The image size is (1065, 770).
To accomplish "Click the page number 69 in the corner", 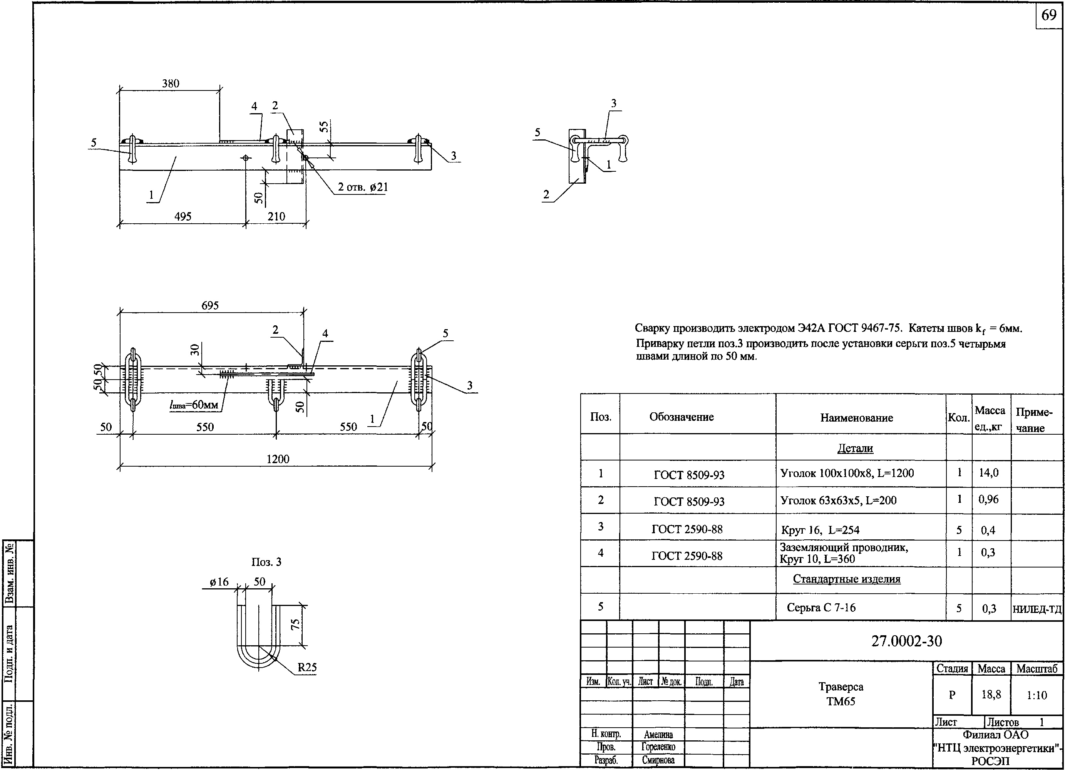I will pos(1048,15).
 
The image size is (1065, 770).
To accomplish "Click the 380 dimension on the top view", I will pos(171,84).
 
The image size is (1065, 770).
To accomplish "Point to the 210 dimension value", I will pos(276,216).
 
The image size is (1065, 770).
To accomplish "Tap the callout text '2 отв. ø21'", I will pos(363,187).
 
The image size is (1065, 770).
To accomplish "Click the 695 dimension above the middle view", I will pos(210,306).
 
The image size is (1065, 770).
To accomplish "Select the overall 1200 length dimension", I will pos(278,459).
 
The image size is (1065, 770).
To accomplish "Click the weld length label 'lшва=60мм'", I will pos(193,404).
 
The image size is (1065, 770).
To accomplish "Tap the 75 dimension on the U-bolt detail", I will pos(295,624).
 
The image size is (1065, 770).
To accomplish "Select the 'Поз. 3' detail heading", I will pos(266,562).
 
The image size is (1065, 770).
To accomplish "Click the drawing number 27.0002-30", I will pos(906,641).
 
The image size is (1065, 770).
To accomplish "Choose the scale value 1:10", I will pos(1037,695).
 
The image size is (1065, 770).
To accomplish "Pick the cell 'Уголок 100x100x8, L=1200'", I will pos(847,473).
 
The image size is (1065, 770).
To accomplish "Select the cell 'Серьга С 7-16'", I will pos(821,608).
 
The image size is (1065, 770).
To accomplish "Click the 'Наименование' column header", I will pos(857,418).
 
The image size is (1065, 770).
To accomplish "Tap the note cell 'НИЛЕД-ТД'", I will pos(1037,609).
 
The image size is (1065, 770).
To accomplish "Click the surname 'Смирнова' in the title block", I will pos(658,760).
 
